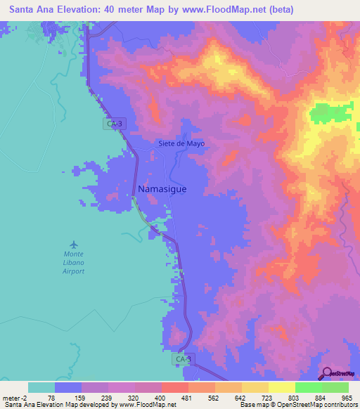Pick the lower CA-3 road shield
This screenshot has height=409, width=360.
182,359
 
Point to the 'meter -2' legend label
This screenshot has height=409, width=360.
15,398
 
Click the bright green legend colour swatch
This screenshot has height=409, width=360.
308,387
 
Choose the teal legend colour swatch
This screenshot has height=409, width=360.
41,387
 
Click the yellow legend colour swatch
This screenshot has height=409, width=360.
255,387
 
